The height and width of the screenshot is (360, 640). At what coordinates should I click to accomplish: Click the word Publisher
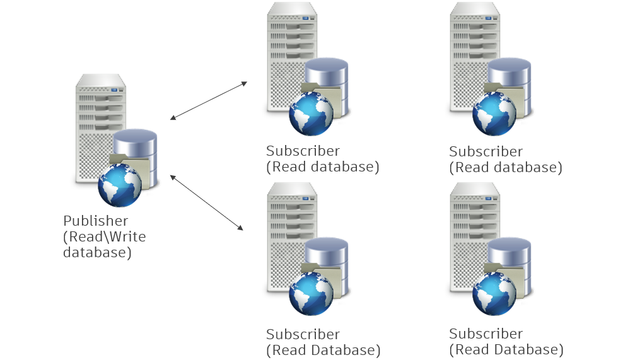coord(95,221)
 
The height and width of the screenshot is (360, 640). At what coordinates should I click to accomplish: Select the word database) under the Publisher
coord(97,253)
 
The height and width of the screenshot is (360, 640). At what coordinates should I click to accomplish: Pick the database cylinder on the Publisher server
coord(136,144)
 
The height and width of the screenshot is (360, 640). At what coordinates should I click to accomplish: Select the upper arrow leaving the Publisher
coord(209,100)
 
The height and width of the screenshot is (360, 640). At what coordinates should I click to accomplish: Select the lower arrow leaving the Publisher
coord(206,202)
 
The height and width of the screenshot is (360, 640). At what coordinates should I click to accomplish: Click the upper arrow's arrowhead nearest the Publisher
coord(173,118)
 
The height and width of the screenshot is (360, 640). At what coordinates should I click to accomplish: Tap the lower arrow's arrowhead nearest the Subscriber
coord(241,228)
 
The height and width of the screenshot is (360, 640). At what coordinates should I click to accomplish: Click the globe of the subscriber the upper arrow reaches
coord(311,113)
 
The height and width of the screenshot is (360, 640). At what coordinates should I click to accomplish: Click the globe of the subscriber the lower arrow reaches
coord(311,294)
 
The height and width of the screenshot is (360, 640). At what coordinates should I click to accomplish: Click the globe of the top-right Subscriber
coord(494,113)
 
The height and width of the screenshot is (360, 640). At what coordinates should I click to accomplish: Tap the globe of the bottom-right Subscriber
coord(494,294)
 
